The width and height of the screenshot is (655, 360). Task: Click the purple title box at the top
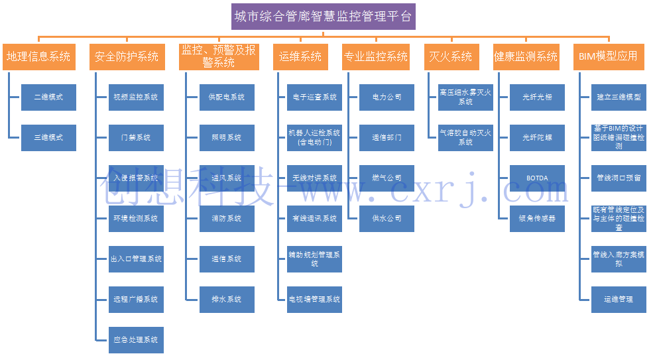pos(324,17)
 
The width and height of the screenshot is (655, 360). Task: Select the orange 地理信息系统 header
pos(38,57)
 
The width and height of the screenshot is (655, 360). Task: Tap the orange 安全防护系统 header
pos(127,57)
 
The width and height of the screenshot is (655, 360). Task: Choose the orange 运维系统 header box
pos(300,57)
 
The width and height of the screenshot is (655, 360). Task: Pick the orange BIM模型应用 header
pos(607,57)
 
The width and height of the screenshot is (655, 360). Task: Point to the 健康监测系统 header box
pos(526,57)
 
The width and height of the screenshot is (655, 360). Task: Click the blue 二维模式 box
pos(48,97)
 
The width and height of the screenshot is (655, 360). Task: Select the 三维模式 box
pos(48,137)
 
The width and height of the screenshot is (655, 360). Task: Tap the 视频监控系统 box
pos(136,97)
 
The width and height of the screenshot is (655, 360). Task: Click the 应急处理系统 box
pos(136,339)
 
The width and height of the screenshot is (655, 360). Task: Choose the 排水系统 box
pos(227,299)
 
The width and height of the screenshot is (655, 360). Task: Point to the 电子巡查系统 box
pos(315,97)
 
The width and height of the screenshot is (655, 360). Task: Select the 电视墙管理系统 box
pos(315,299)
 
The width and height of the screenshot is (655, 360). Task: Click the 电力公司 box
pos(387,97)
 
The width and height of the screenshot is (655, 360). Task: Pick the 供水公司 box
pos(387,218)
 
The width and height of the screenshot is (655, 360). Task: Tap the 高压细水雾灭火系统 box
pos(465,97)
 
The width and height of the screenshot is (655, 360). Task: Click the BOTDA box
pos(537,178)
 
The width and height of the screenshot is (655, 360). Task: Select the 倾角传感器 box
pos(537,218)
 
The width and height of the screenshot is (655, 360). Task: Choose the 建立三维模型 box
pos(619,97)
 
